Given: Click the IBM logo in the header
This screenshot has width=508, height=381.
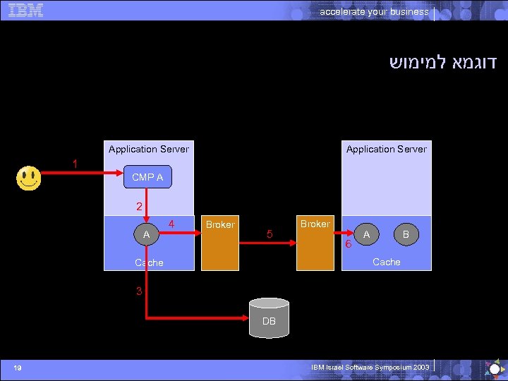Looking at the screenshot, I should [26, 10].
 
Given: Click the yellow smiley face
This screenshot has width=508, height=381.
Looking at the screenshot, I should [28, 178].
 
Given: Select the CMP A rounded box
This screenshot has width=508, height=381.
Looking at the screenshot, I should [147, 177].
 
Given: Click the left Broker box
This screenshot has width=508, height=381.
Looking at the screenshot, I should [219, 243].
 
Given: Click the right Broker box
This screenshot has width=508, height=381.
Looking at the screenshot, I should [315, 243].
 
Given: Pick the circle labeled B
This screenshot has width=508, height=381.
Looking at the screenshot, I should [405, 234].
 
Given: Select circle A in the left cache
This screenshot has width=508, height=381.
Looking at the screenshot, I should [146, 234].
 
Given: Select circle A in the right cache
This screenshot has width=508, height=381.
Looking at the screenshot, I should [366, 234].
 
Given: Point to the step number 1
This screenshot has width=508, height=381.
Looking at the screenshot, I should [75, 164].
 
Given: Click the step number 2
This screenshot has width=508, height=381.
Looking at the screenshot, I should [140, 207].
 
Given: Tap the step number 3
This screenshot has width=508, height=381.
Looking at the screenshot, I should [140, 291].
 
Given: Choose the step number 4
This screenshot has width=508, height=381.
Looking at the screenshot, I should [171, 224].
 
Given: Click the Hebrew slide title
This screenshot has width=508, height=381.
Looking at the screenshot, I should [443, 62].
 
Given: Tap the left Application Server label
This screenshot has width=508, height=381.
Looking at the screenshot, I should [149, 149].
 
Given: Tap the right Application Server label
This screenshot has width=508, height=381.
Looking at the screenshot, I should [386, 149].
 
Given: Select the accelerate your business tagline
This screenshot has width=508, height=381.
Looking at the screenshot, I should [374, 11].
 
